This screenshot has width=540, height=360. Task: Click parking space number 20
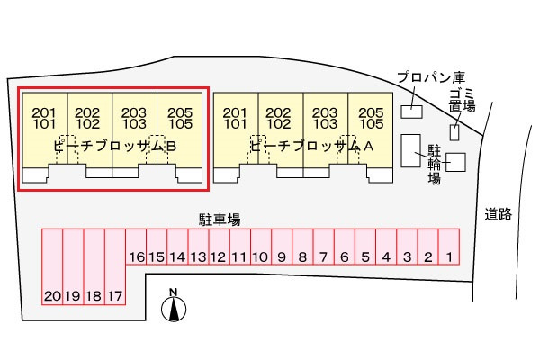[x=52, y=266]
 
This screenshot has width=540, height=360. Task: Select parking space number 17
[x=115, y=266]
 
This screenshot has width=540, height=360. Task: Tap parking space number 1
[x=449, y=247]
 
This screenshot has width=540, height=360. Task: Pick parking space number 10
[x=261, y=247]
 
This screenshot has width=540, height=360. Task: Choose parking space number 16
[x=136, y=247]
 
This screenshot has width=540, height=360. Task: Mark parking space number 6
[x=345, y=247]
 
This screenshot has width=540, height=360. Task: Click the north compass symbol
[x=174, y=306]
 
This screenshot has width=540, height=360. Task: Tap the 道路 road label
[x=499, y=214]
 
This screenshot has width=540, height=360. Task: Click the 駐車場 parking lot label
[x=220, y=220]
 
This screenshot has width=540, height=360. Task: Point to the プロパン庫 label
[x=431, y=77]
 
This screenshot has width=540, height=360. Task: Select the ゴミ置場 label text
[x=463, y=100]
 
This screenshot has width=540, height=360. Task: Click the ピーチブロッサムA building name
[x=311, y=147]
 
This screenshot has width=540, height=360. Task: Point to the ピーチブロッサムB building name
[x=115, y=147]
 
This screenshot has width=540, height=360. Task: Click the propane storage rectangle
[x=411, y=112]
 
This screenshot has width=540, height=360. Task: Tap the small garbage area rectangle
[x=454, y=132]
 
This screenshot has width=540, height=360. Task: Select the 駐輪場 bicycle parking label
[x=435, y=165]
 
